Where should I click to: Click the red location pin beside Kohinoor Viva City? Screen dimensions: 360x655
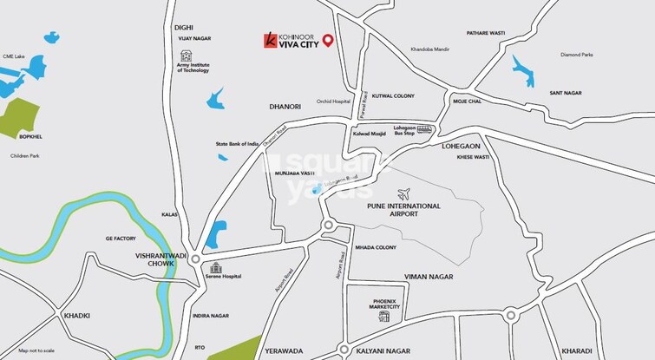(327, 40)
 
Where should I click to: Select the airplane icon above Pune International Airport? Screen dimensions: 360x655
(401, 192)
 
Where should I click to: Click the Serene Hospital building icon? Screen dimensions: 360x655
(216, 266)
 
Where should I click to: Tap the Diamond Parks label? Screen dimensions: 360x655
(576, 56)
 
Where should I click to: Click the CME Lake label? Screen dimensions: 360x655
(14, 56)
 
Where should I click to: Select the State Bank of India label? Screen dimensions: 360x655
(238, 144)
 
